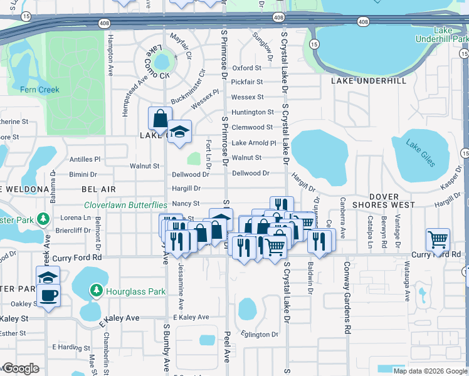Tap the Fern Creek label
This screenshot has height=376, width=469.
(39, 90)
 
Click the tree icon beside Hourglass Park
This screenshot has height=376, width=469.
(97, 291)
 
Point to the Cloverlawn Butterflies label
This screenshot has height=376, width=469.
(125, 205)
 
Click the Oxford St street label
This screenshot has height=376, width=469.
(246, 68)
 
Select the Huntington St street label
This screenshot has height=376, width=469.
(253, 112)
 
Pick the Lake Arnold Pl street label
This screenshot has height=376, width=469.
(254, 143)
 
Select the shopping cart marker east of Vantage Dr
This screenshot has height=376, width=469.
(438, 239)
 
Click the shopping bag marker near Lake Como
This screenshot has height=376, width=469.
(160, 118)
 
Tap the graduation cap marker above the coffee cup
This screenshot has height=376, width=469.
(48, 276)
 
